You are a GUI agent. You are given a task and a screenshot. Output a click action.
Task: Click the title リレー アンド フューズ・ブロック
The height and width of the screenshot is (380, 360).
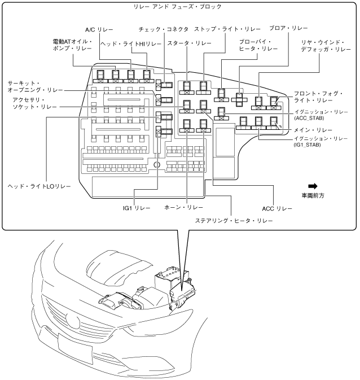click(179, 7)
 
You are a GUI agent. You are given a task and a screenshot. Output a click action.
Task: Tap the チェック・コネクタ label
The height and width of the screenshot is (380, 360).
click(164, 29)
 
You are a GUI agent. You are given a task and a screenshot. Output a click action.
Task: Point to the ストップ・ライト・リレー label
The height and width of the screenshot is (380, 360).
click(222, 29)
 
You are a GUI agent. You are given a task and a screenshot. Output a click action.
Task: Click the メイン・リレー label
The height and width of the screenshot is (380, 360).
click(311, 129)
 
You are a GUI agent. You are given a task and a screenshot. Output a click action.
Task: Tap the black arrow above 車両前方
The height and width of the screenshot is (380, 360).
click(313, 186)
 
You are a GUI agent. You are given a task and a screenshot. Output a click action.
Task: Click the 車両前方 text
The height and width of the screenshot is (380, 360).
click(313, 195)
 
